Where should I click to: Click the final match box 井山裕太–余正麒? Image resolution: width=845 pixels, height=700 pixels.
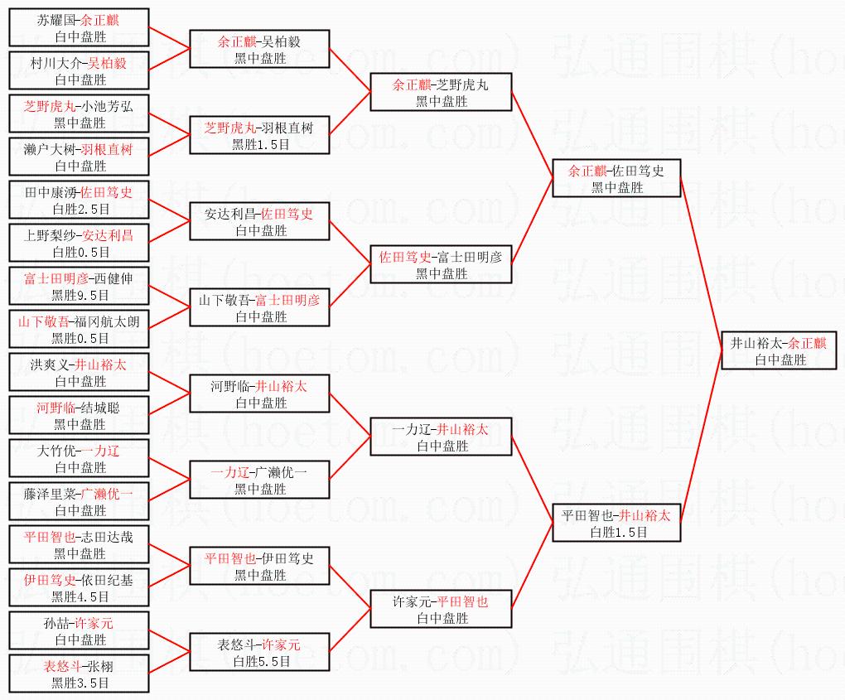(x=779, y=350)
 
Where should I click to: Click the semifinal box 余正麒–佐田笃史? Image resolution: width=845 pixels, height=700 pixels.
(x=616, y=178)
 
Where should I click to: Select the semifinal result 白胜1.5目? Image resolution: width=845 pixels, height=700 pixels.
(x=616, y=532)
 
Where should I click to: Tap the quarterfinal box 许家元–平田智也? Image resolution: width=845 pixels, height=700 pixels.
(x=441, y=609)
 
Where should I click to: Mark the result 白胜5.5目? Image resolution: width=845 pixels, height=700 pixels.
(x=261, y=661)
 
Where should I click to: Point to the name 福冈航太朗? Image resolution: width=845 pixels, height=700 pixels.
(x=104, y=321)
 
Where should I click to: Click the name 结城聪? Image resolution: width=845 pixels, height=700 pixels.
(x=103, y=408)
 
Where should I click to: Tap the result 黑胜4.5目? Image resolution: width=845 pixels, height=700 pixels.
(x=80, y=596)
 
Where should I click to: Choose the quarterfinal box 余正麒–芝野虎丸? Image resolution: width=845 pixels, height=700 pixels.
(x=441, y=92)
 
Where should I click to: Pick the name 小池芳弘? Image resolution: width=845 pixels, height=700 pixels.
(x=105, y=106)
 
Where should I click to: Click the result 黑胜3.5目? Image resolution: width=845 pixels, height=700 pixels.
(x=80, y=683)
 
